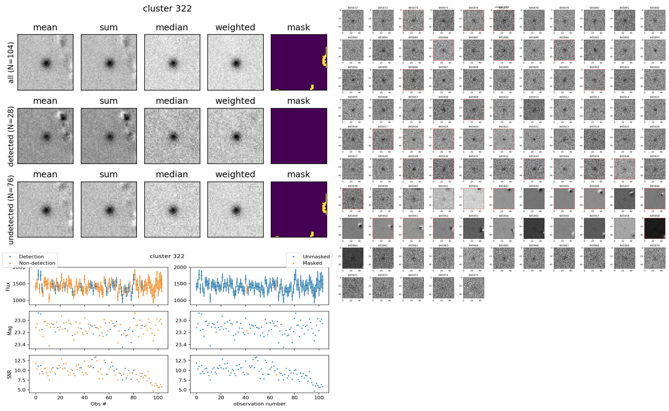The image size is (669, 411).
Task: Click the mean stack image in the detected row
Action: coord(45,136)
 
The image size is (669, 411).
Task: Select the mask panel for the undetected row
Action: coord(299,209)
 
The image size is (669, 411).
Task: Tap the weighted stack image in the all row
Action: coord(235,62)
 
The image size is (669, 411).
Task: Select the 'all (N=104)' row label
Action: coord(11,62)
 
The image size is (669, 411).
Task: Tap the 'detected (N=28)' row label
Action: coord(11,136)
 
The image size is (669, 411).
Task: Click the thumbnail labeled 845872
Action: coord(353,20)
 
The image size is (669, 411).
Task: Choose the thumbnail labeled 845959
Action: coord(655,228)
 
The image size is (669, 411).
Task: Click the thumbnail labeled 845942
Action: coord(474,199)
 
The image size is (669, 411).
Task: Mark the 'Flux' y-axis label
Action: coord(8,286)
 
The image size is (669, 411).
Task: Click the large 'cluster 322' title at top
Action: coord(167,9)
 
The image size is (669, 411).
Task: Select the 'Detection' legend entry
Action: coord(31,257)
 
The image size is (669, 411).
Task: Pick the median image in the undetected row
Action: coord(172,209)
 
